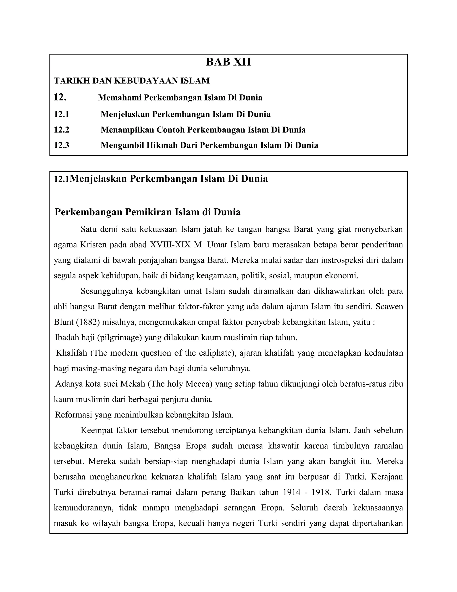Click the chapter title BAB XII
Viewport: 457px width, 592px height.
pos(228,62)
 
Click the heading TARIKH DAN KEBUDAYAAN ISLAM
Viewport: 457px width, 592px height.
pos(132,81)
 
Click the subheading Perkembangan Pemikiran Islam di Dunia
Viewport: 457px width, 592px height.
pos(147,212)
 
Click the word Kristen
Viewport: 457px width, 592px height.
pos(93,245)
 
